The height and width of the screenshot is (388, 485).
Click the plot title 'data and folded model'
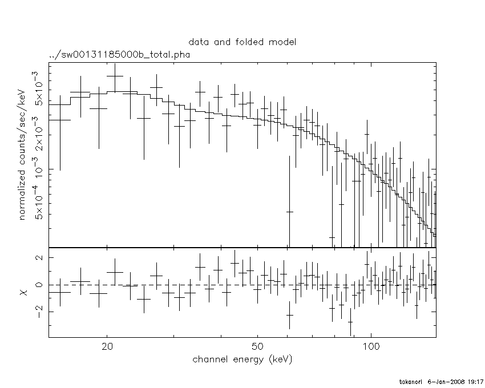click(x=242, y=42)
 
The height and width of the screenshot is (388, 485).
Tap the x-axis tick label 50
click(x=257, y=347)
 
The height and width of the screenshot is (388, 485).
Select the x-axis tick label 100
click(x=371, y=347)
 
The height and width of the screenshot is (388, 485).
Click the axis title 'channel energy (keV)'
click(x=242, y=359)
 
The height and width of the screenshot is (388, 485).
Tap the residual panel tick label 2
click(x=40, y=258)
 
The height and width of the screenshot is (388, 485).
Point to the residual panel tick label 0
click(x=40, y=285)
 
